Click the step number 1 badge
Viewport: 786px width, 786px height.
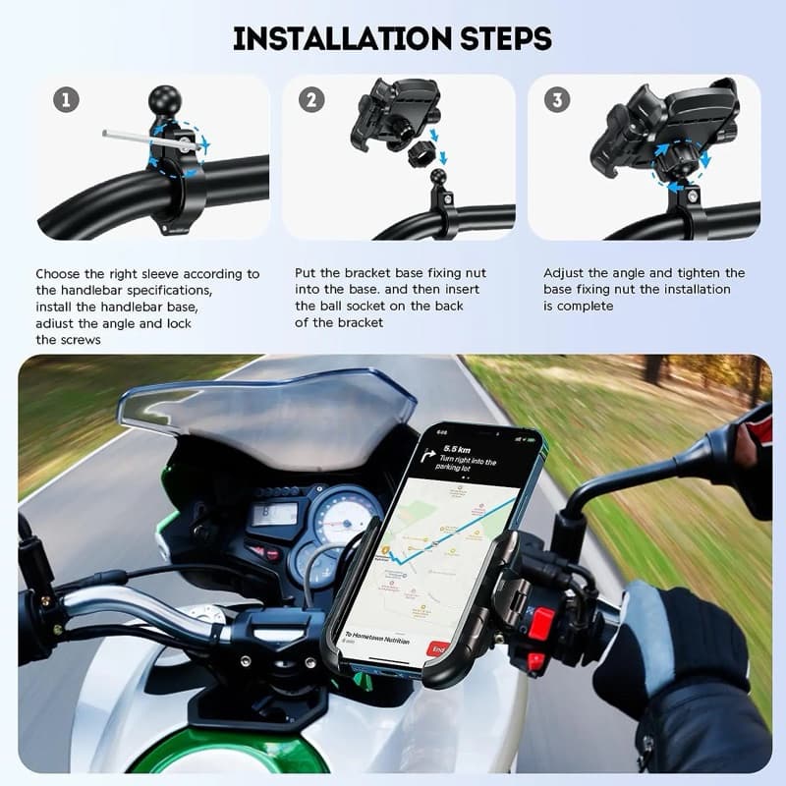tap(66, 99)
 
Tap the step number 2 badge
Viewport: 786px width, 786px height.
tap(310, 99)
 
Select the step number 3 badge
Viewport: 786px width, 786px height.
tap(558, 99)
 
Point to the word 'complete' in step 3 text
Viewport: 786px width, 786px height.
tap(590, 306)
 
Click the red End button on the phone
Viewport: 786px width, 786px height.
tap(439, 649)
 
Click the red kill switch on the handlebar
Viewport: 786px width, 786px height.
tap(541, 623)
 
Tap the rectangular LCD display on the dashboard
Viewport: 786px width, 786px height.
tap(274, 513)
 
